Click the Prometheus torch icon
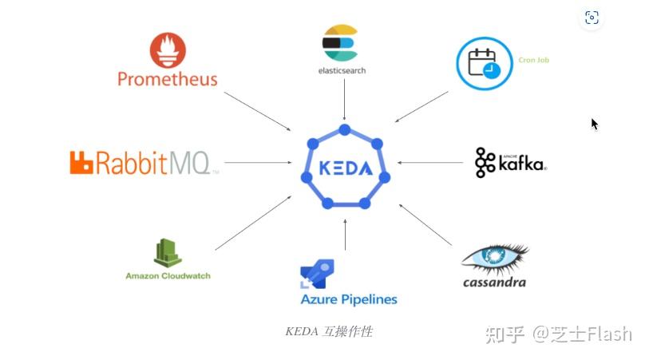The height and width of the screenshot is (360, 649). [x=167, y=49]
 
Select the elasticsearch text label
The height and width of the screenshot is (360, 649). [x=342, y=69]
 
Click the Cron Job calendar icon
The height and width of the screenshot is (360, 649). [x=483, y=63]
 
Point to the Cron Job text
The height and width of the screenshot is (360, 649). [x=533, y=60]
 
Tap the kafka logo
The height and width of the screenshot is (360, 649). [x=510, y=162]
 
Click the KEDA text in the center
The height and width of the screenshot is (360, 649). [x=344, y=169]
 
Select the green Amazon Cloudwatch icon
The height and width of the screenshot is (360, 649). [x=168, y=253]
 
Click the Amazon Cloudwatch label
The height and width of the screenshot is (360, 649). [x=168, y=276]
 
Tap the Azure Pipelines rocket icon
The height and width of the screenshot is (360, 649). [x=317, y=274]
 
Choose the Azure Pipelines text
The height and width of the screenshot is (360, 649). [x=349, y=300]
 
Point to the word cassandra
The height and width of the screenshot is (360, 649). [x=494, y=282]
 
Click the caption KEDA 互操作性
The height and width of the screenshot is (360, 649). [x=329, y=331]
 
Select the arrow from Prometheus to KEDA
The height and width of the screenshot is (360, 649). [x=258, y=111]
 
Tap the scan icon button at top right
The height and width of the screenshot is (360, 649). [x=592, y=18]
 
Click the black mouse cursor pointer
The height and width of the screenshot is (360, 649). [x=595, y=124]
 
